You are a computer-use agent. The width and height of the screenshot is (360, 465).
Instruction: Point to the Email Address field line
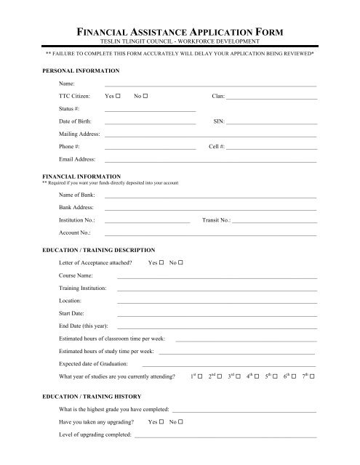click(x=210, y=161)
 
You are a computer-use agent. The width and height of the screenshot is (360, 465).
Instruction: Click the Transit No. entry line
click(x=274, y=221)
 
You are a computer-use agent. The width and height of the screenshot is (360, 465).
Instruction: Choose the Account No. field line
click(x=210, y=235)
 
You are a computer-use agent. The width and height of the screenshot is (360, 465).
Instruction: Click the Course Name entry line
click(x=217, y=278)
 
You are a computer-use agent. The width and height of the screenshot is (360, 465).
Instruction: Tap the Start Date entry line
click(x=217, y=314)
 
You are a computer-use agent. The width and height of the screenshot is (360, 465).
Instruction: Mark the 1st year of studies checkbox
click(x=200, y=377)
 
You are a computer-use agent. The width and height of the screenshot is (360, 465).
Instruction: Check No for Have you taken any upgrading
click(x=180, y=421)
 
